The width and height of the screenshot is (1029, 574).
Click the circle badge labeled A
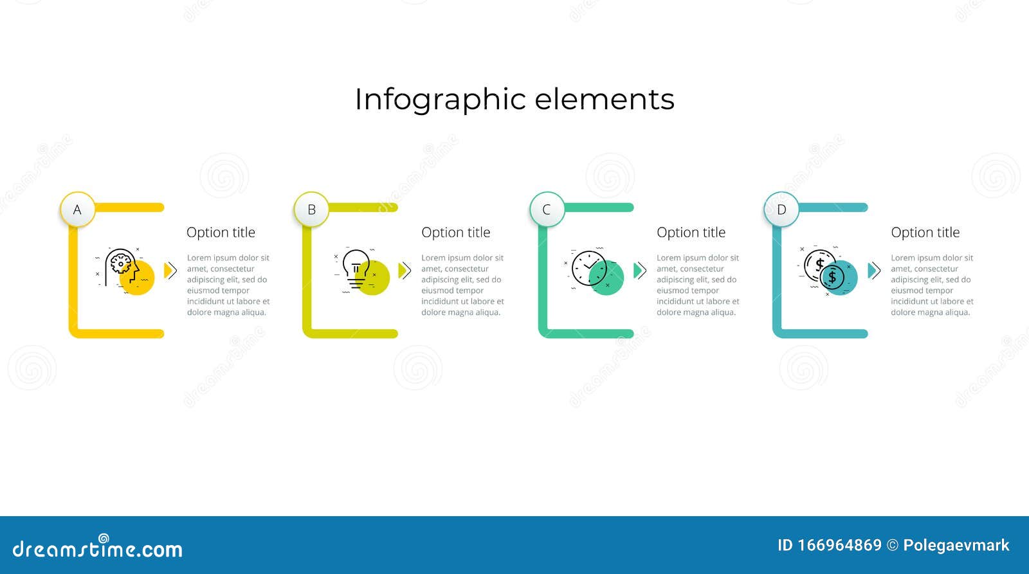point(78,210)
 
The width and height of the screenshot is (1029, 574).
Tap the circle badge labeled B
point(312,210)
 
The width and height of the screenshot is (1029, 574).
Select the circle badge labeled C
point(547,210)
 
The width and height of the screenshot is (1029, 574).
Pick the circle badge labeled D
point(781,210)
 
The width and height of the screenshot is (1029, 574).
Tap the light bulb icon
point(356,269)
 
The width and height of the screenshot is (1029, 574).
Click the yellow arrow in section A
point(170,271)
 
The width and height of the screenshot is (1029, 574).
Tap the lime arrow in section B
point(405,271)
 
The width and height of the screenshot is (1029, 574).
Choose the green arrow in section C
point(639,271)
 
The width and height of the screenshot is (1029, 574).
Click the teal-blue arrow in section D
point(873,271)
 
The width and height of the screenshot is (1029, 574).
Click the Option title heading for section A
point(221,233)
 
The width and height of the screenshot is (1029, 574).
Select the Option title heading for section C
point(691,233)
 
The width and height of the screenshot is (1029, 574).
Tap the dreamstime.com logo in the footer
point(98,548)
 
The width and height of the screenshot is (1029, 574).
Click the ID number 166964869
point(839,546)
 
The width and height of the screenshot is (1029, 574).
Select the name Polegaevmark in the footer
point(956,546)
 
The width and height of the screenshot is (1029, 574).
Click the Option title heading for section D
point(925,233)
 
